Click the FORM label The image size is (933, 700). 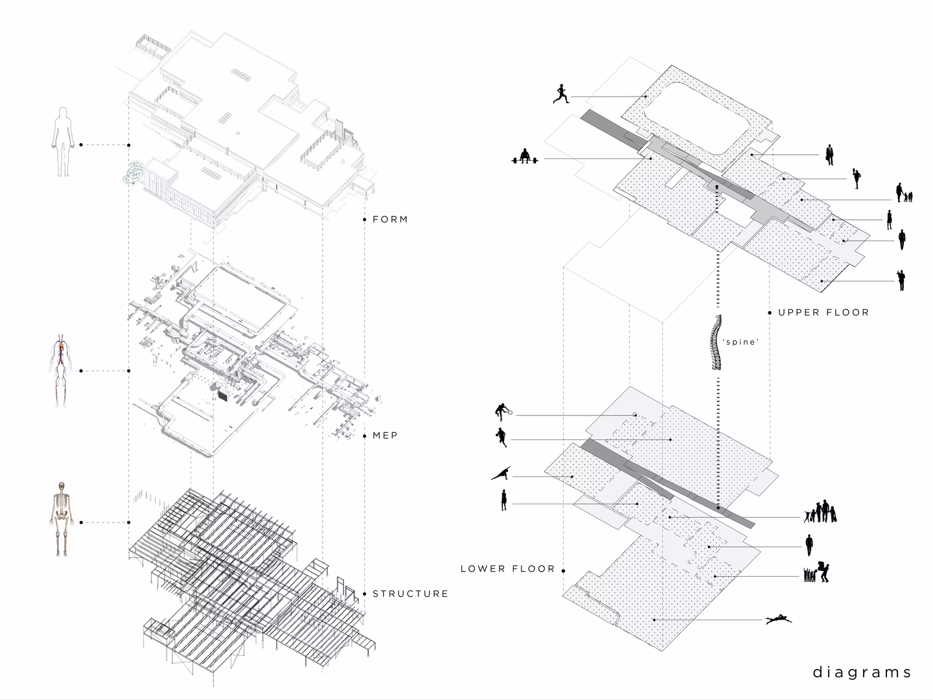pyautogui.click(x=390, y=219)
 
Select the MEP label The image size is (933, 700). pyautogui.click(x=385, y=436)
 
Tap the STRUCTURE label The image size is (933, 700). pyautogui.click(x=410, y=594)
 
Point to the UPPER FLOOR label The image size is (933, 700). pyautogui.click(x=824, y=312)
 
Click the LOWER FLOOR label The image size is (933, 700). pyautogui.click(x=507, y=568)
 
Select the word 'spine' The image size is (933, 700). pyautogui.click(x=741, y=342)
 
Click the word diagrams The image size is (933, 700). pyautogui.click(x=862, y=672)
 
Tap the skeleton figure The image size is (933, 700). pyautogui.click(x=62, y=519)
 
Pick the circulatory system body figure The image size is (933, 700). pyautogui.click(x=62, y=370)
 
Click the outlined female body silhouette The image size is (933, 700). pyautogui.click(x=63, y=141)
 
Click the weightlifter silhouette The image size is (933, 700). pyautogui.click(x=525, y=156)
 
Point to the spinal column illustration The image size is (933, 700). pyautogui.click(x=717, y=342)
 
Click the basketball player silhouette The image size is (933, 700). pyautogui.click(x=501, y=437)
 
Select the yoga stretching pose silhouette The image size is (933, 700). pyautogui.click(x=501, y=472)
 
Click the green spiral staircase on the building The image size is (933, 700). pyautogui.click(x=135, y=172)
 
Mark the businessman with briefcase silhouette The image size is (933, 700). pyautogui.click(x=829, y=155)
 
